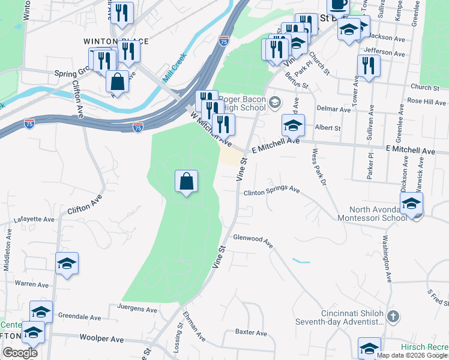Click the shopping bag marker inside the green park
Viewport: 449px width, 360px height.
click(187, 181)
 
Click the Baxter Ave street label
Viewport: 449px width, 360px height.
click(250, 332)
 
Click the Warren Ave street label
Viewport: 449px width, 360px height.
click(31, 283)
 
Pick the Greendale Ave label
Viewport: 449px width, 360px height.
click(80, 317)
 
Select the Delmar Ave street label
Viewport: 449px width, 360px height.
click(335, 110)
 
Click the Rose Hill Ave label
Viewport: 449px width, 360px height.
click(426, 101)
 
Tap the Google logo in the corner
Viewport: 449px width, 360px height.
click(20, 353)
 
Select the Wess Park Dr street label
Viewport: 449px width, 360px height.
click(319, 166)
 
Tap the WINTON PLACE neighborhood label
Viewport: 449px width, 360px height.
click(116, 41)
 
